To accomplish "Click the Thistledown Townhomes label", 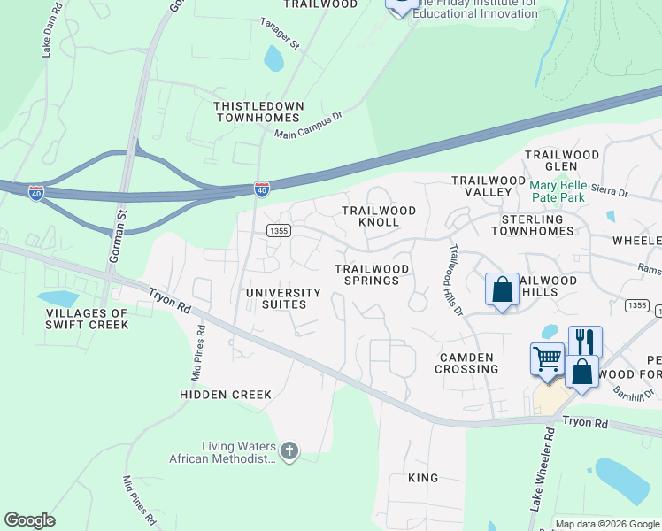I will [x=258, y=112].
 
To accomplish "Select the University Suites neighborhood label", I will [x=283, y=298].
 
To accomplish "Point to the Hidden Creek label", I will [x=225, y=394].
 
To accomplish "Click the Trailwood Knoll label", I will [x=380, y=217].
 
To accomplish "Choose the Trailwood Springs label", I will [x=372, y=274].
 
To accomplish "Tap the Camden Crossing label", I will [x=467, y=363].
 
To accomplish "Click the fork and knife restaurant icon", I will [x=585, y=340].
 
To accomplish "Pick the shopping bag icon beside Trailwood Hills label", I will [x=502, y=289].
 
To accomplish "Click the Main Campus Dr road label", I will [x=308, y=127].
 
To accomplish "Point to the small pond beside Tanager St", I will [x=274, y=59].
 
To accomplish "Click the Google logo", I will [x=29, y=519].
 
